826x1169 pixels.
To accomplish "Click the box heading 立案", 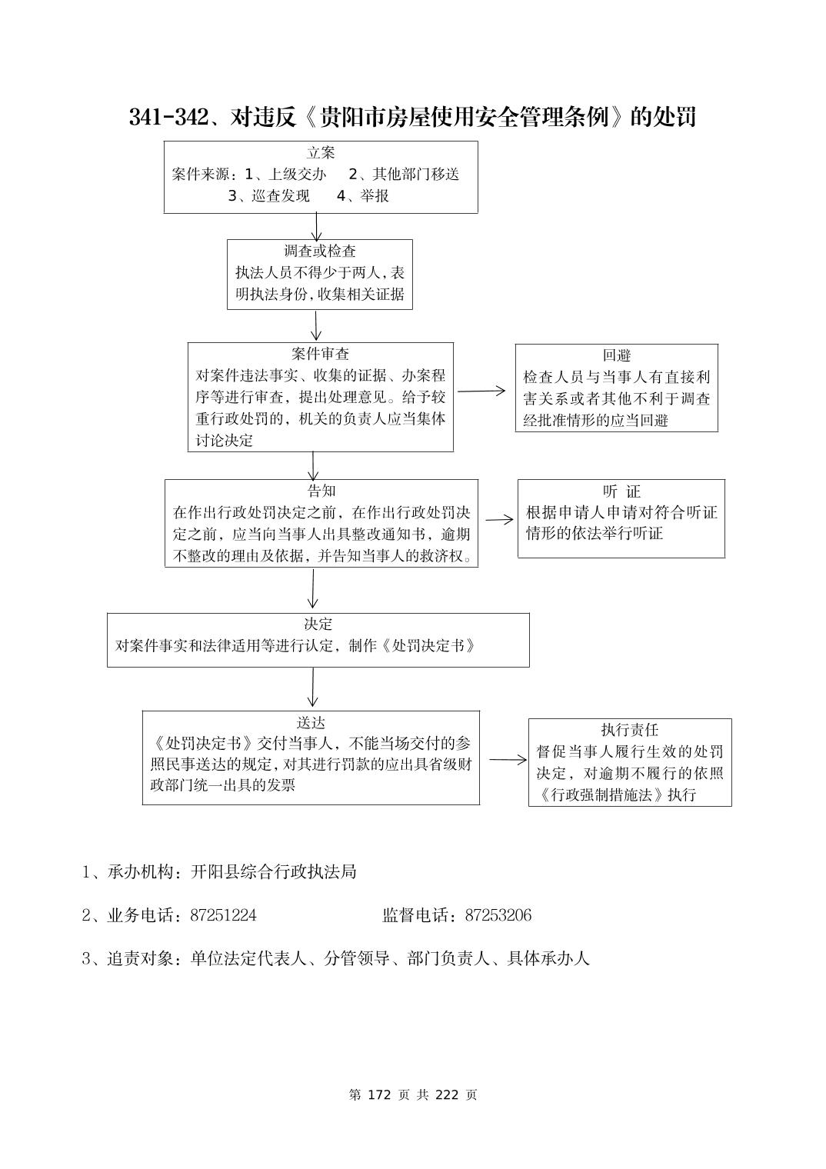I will click(x=321, y=153).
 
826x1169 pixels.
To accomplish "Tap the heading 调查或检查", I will click(x=320, y=251).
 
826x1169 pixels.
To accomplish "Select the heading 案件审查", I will click(x=320, y=354).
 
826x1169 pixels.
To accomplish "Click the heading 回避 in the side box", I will click(x=617, y=355).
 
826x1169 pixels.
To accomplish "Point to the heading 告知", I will click(x=321, y=491).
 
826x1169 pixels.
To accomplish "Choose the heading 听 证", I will click(x=621, y=491).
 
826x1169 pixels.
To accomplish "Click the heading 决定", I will click(x=318, y=624).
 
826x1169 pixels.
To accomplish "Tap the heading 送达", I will click(x=311, y=722).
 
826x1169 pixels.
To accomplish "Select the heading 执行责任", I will click(x=630, y=730).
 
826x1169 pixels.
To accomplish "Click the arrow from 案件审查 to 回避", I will click(x=482, y=391).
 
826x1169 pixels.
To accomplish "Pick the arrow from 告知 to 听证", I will click(x=498, y=519).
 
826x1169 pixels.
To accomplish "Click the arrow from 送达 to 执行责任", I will click(x=508, y=760).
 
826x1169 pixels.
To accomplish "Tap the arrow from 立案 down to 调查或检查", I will click(x=317, y=226).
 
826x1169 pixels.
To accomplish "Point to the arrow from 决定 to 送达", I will click(x=312, y=688).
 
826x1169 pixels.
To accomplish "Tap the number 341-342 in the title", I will click(x=168, y=117).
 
